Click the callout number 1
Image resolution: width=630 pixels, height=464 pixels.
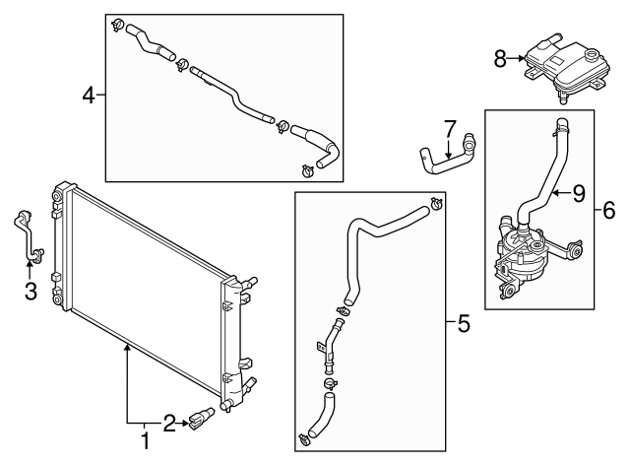(146, 441)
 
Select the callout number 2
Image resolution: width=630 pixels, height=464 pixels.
(169, 424)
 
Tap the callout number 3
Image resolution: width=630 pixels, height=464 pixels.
(31, 292)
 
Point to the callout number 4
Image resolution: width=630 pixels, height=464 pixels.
(89, 96)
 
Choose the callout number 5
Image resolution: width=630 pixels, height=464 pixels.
(464, 324)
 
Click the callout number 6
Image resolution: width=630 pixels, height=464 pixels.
(609, 211)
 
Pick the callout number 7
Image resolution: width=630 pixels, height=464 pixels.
(450, 128)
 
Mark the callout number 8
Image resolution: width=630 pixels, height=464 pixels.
(500, 59)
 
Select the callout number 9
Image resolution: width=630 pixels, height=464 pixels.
(579, 194)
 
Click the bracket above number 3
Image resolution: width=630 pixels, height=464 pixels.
(29, 237)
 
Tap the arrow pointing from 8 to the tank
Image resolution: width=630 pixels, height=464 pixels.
(516, 59)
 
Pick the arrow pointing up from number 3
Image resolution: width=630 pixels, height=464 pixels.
(29, 270)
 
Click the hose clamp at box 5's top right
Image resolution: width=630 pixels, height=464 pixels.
(436, 204)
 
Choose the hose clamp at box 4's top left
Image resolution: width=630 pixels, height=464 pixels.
(118, 25)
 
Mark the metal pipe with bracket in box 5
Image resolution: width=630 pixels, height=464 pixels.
(331, 342)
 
